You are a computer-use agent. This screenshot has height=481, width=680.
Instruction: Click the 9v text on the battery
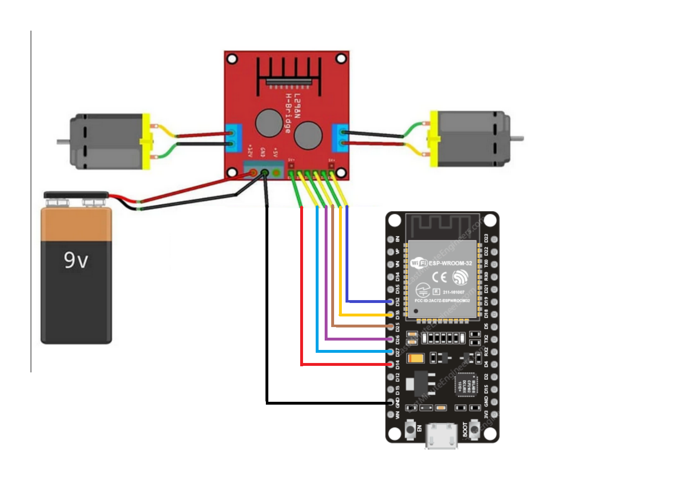pyautogui.click(x=76, y=260)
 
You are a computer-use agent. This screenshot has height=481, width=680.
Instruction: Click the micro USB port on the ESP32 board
pyautogui.click(x=441, y=436)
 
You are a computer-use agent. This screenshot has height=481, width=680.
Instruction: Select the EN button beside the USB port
pyautogui.click(x=410, y=429)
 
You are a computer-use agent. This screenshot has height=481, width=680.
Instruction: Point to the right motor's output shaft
pyautogui.click(x=517, y=138)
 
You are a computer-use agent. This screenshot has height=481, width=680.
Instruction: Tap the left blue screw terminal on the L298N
pyautogui.click(x=233, y=138)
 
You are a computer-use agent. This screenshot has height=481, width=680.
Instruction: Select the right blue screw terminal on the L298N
pyautogui.click(x=340, y=138)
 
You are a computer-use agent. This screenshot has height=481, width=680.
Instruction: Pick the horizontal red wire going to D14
pyautogui.click(x=347, y=364)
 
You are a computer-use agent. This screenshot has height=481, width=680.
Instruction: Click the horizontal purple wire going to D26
pyautogui.click(x=359, y=339)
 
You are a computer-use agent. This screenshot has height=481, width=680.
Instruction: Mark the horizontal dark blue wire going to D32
pyautogui.click(x=370, y=302)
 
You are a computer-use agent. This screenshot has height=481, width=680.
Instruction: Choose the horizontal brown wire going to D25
pyautogui.click(x=363, y=326)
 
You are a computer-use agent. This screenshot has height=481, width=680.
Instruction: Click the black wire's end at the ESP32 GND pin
pyautogui.click(x=390, y=403)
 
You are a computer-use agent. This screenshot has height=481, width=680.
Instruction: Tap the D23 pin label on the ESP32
pyautogui.click(x=486, y=238)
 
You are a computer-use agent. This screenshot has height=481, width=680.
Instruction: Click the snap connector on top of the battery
pyautogui.click(x=76, y=195)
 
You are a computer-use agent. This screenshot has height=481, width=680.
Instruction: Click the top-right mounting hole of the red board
pyautogui.click(x=341, y=59)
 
